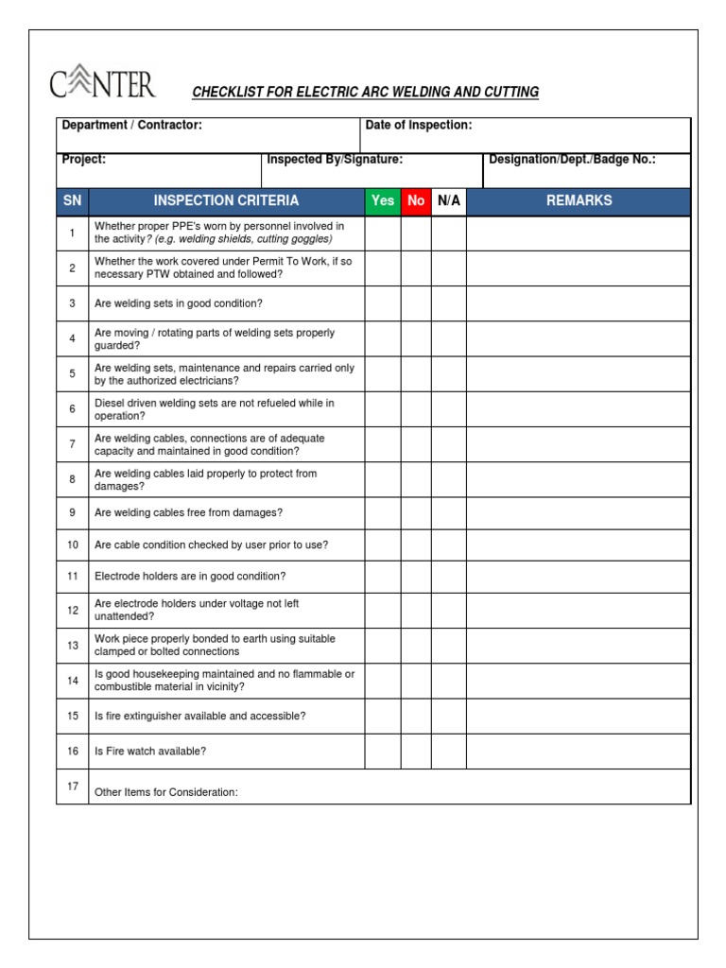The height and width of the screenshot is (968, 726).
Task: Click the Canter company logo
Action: [102, 85]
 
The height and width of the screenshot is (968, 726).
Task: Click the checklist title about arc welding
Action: [365, 92]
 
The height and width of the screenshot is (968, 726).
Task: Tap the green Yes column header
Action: [382, 200]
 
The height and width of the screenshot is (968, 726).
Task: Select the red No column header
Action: [416, 200]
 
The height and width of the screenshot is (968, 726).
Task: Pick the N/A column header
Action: [449, 200]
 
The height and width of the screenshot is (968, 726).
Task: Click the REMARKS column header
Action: [579, 200]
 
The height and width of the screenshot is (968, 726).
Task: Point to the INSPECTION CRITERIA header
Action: [226, 200]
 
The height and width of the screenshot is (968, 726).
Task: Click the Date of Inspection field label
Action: [419, 125]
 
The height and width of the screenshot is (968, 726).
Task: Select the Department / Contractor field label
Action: [131, 125]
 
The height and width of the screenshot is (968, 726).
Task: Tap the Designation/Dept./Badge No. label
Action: [572, 160]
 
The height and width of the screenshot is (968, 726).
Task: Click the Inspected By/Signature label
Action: [335, 160]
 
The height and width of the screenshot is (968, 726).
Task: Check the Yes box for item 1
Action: [382, 233]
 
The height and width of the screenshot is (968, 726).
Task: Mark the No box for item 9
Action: [416, 512]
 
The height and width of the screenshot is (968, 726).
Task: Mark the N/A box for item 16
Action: [449, 752]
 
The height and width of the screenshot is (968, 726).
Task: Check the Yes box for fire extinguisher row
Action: [382, 717]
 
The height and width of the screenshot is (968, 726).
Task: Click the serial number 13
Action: [72, 646]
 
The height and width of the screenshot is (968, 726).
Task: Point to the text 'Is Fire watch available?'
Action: [150, 752]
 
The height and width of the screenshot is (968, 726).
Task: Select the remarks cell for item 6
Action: [579, 409]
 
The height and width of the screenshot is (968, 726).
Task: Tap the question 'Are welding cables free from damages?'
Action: [188, 512]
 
